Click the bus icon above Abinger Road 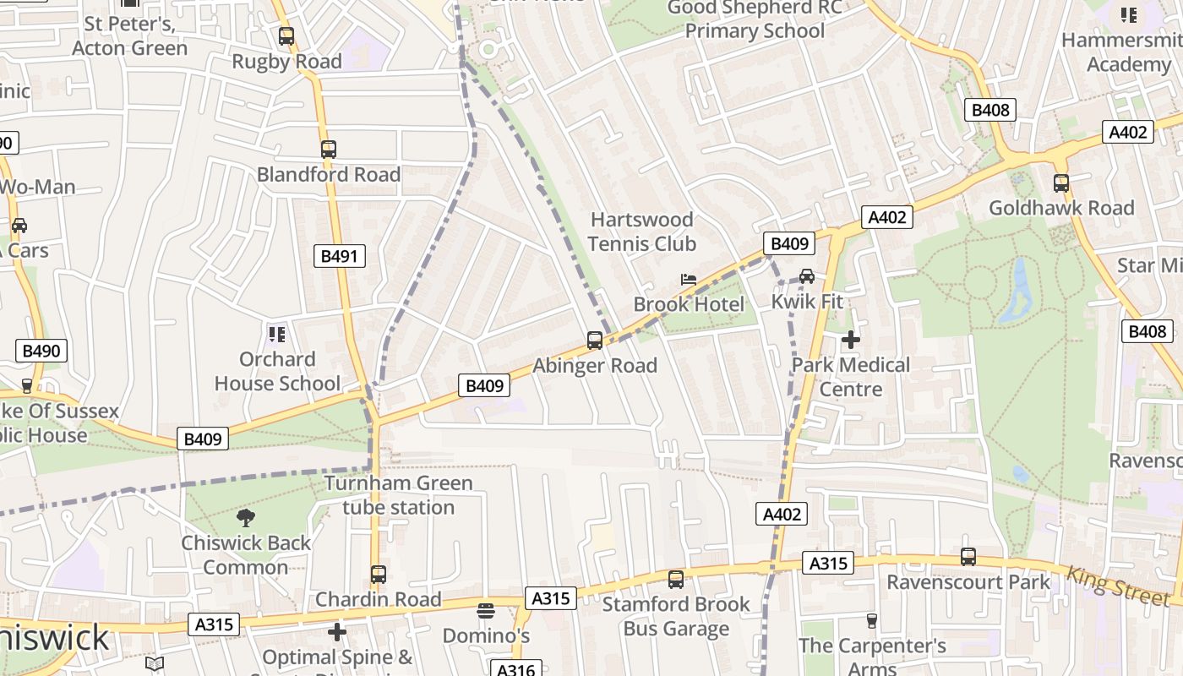point(595,341)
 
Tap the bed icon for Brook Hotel point(689,280)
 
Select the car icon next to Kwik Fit point(807,276)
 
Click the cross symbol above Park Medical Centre point(851,340)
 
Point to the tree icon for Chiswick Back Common point(246,518)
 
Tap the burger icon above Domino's point(486,610)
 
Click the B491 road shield point(341,256)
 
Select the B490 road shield point(41,351)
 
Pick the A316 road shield point(515,669)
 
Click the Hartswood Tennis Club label point(642,232)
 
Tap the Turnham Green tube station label point(399,495)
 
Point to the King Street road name point(1118,586)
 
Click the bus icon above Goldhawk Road point(1061,183)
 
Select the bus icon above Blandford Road point(329,150)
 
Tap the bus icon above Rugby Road point(286,36)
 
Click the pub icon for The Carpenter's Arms point(872,621)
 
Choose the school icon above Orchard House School point(276,335)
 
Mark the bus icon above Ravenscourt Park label point(968,557)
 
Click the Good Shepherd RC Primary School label point(755,19)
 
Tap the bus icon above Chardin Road point(379,575)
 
